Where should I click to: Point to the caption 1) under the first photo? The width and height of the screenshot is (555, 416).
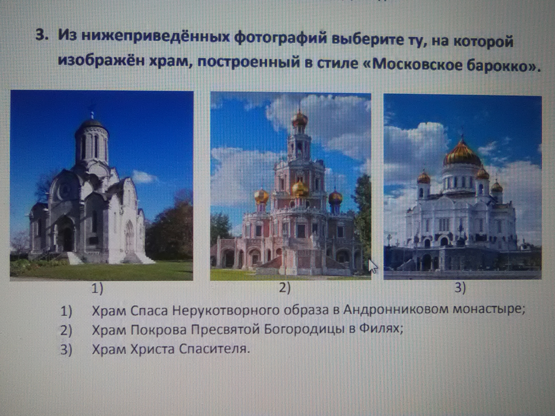pyautogui.click(x=97, y=289)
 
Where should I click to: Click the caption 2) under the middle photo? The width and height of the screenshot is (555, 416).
pyautogui.click(x=285, y=288)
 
